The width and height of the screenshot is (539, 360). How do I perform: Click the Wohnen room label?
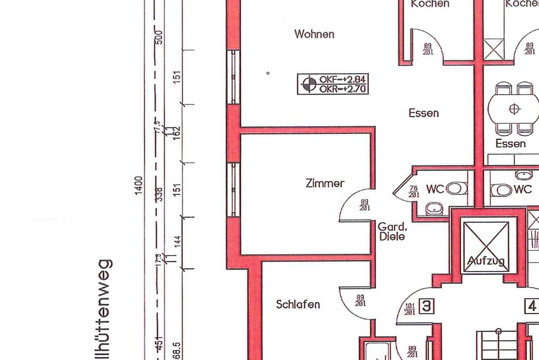[314, 34]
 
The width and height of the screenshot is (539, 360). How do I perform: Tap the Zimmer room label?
[325, 183]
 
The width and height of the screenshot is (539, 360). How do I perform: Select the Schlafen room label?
[298, 305]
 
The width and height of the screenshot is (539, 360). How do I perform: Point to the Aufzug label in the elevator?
[486, 262]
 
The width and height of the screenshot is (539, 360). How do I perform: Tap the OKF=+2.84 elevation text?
[342, 79]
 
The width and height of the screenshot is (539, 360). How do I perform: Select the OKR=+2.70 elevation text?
[342, 89]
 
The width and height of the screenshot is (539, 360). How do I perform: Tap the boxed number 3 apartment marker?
[426, 307]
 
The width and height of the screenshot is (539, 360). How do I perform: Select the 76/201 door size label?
[414, 192]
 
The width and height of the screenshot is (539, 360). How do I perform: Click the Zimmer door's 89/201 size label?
[364, 205]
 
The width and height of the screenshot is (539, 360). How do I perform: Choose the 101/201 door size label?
[409, 309]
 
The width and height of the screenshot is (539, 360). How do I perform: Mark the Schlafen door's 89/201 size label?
[360, 301]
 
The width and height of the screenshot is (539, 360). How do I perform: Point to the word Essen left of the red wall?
[423, 113]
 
